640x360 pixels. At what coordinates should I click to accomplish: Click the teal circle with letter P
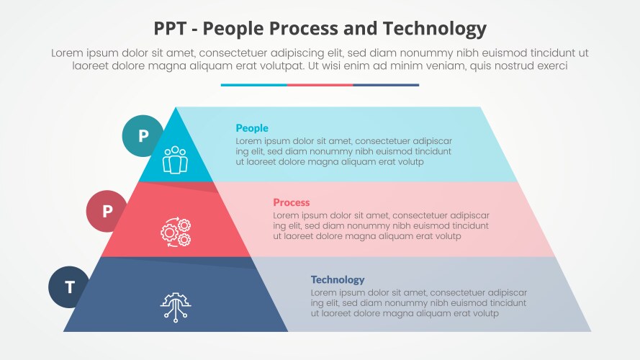(143, 135)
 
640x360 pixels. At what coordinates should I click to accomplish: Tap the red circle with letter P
(107, 211)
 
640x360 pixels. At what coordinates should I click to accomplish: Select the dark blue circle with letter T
(70, 287)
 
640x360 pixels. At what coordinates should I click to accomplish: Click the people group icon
(175, 160)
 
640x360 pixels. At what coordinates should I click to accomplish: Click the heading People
(252, 128)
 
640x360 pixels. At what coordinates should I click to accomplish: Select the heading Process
(292, 203)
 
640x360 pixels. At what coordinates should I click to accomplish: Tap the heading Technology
(338, 279)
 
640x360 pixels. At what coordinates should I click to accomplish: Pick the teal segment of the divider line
(253, 85)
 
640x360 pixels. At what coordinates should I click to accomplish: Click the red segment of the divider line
(320, 85)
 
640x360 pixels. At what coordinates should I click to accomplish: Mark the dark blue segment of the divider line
(386, 85)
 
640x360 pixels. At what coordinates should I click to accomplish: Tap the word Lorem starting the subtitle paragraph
(67, 53)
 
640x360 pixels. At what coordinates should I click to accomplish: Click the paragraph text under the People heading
(343, 151)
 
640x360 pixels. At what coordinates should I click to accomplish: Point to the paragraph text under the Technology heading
(419, 303)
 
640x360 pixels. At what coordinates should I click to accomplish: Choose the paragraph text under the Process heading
(381, 225)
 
